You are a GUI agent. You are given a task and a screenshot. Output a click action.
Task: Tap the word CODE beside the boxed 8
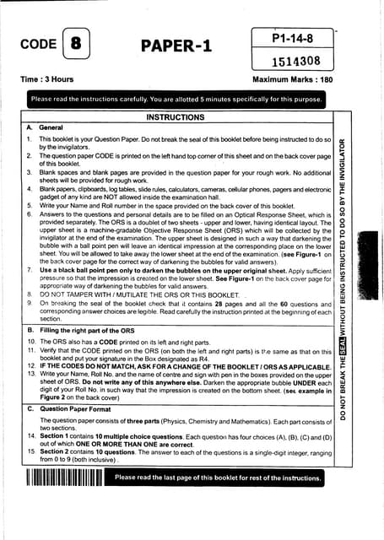pyautogui.click(x=38, y=45)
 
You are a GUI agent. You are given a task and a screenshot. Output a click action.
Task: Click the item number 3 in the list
pyautogui.click(x=30, y=170)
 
